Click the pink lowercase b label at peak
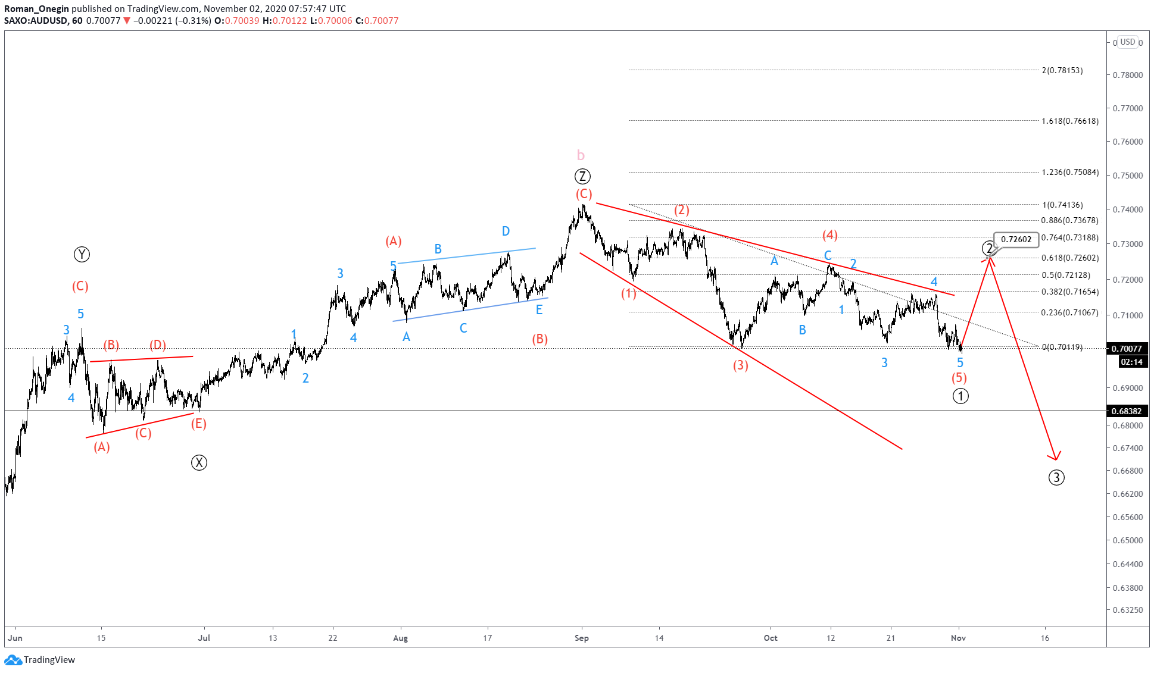pos(581,155)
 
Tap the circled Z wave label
pos(582,177)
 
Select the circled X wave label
pos(199,462)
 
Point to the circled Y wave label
pos(82,255)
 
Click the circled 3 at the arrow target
pos(1056,477)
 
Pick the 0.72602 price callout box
pos(1016,240)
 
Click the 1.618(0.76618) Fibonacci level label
pos(1069,121)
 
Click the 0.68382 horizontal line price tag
pos(1126,411)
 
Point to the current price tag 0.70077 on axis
pos(1126,349)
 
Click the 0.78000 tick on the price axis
pos(1128,75)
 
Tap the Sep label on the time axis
pos(581,638)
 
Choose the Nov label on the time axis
pos(958,638)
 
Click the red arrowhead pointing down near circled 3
pos(1055,456)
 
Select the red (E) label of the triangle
pos(198,424)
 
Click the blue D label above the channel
pos(506,231)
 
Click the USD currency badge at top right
pos(1127,42)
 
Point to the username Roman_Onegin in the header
pos(36,8)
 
